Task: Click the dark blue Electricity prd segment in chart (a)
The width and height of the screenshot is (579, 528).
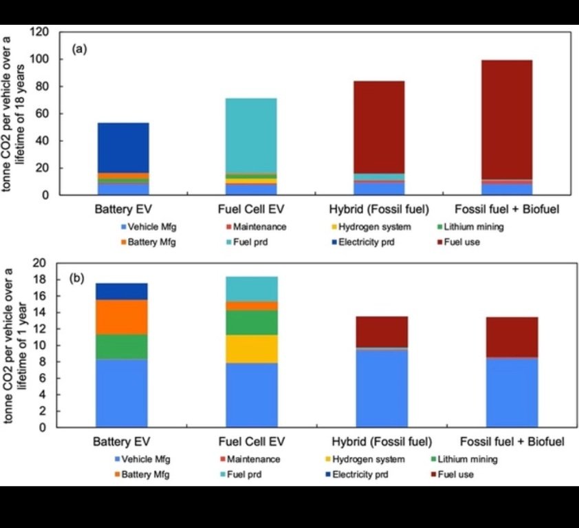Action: pos(123,147)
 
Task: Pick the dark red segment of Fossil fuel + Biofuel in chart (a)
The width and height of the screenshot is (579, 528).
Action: pos(506,120)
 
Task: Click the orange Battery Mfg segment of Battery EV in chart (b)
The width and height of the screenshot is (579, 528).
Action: pos(122,317)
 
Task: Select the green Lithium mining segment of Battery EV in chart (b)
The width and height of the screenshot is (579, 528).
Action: pos(122,346)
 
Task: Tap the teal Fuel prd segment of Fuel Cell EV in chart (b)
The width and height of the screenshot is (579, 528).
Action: pos(252,288)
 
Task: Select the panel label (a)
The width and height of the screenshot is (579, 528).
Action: pos(80,50)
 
